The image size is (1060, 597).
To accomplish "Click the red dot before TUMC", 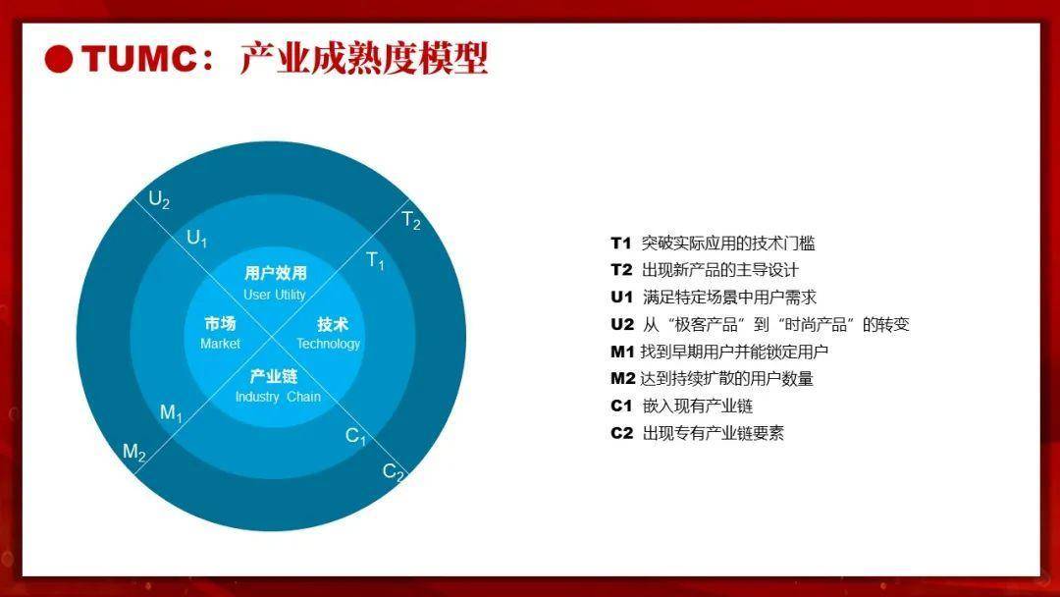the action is pyautogui.click(x=59, y=59).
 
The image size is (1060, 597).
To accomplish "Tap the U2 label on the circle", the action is pyautogui.click(x=159, y=199).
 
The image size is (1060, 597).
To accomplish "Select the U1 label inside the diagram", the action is pyautogui.click(x=196, y=238).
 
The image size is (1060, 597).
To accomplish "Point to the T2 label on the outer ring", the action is pyautogui.click(x=411, y=220).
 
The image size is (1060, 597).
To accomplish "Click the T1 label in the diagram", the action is pyautogui.click(x=375, y=260).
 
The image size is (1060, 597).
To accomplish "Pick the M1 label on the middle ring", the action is pyautogui.click(x=171, y=412).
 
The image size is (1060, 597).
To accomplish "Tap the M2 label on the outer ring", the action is pyautogui.click(x=133, y=453).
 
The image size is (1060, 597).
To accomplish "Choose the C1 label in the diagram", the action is pyautogui.click(x=355, y=436).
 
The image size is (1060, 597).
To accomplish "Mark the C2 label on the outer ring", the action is pyautogui.click(x=394, y=472).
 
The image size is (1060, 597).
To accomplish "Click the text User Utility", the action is pyautogui.click(x=275, y=295).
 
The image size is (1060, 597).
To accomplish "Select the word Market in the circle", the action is pyautogui.click(x=221, y=344).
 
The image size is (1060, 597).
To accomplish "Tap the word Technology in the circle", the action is pyautogui.click(x=329, y=344).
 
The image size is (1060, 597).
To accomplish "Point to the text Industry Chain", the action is pyautogui.click(x=278, y=397).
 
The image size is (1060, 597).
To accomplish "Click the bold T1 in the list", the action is pyautogui.click(x=620, y=244).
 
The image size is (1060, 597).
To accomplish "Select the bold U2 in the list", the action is pyautogui.click(x=622, y=325).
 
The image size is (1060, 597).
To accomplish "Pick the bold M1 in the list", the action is pyautogui.click(x=622, y=352).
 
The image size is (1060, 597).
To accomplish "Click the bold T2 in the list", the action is pyautogui.click(x=621, y=270).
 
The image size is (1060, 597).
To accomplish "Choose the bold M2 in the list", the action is pyautogui.click(x=622, y=379).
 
